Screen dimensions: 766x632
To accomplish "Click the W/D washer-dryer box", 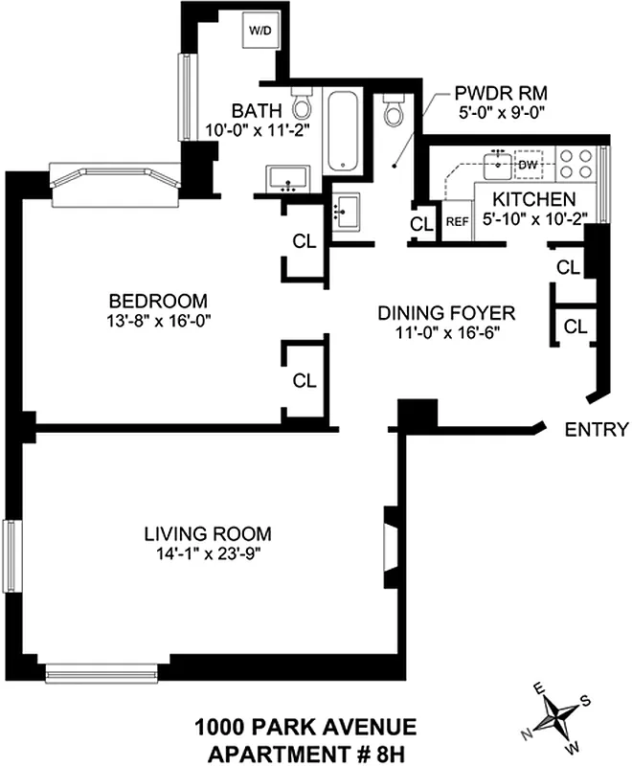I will (x=260, y=31).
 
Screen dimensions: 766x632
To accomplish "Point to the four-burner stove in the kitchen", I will (x=575, y=163).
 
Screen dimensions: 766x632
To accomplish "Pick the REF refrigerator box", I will (x=457, y=221).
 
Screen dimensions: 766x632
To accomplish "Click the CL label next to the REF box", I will (x=420, y=224).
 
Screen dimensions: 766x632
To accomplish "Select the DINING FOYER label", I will (x=446, y=313).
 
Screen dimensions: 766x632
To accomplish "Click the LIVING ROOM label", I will (x=208, y=533).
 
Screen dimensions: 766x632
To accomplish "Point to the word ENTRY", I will (x=597, y=429).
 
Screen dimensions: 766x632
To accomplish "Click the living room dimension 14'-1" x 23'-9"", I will (x=208, y=552).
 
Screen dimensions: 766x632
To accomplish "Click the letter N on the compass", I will (x=526, y=733).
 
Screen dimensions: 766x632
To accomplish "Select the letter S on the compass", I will (x=585, y=700).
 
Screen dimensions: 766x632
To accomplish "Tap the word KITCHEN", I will (x=534, y=199).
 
